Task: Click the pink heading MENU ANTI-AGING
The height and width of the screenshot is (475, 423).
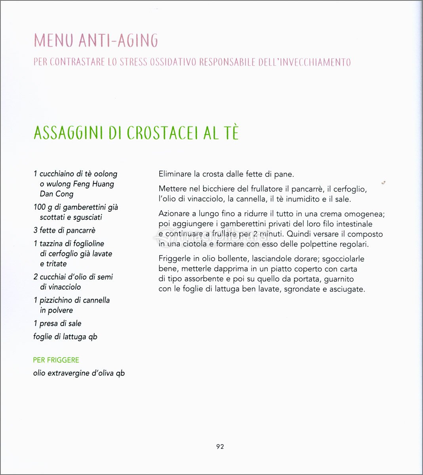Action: pos(96,40)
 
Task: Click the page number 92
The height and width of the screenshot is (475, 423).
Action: pos(220,446)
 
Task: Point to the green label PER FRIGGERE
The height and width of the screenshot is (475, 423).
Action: pos(56,360)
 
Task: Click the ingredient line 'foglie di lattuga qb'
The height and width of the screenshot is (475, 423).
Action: pos(65,337)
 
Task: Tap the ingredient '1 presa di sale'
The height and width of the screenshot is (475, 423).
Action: pos(57,323)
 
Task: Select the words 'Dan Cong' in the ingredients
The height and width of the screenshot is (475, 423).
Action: pos(57,194)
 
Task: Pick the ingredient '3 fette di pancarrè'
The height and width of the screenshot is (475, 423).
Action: pos(65,230)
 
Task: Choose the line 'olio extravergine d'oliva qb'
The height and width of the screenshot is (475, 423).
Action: pos(79,373)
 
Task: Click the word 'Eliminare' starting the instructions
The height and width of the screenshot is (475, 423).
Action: pos(174,174)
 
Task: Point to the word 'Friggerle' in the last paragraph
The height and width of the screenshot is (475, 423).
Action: pos(174,259)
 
